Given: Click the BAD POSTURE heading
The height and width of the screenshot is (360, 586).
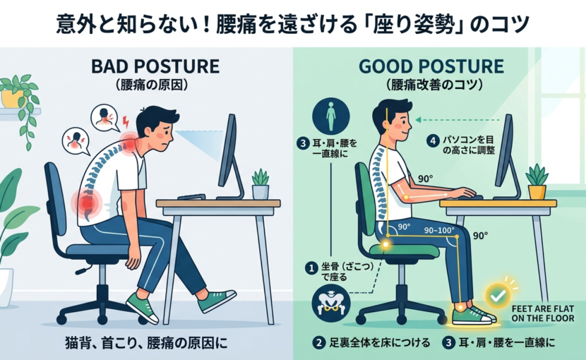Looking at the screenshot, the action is point(155,66).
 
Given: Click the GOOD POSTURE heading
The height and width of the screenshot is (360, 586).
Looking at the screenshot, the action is point(431,66).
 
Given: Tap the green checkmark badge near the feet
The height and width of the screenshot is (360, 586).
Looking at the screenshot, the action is point(498,296).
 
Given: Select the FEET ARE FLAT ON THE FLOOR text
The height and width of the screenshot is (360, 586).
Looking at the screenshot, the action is point(543,313).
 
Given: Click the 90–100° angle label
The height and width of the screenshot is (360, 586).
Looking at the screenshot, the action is point(439,230).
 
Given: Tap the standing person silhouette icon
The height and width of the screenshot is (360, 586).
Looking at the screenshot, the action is point(330,116).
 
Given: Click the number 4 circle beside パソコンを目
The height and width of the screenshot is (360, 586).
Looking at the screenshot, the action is point(433,141).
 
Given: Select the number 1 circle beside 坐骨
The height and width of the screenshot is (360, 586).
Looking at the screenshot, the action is point(311,268).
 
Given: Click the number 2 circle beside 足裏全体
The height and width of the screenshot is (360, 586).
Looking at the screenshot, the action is point(319,343).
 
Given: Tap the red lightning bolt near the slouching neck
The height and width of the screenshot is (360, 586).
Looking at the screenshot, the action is point(126,122).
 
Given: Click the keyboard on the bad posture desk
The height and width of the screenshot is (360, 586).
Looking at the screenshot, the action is point(191,197).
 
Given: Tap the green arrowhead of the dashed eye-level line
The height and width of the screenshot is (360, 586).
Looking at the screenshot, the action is point(419,120).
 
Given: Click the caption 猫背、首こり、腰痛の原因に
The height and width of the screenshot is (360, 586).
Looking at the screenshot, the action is point(146,343).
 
